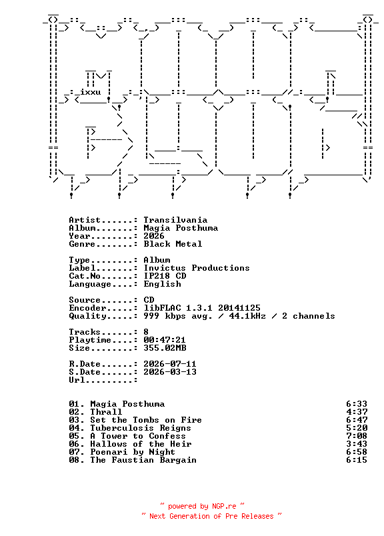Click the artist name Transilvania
175,220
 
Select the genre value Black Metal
173,244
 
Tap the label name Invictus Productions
196,267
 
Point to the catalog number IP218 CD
165,276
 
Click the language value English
162,284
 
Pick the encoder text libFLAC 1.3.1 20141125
202,307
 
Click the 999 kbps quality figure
164,316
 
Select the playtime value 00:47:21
165,340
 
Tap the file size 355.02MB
165,348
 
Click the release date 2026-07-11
170,364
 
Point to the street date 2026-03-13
170,372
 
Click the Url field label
77,380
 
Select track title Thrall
106,412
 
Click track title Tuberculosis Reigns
141,428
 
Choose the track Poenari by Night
133,452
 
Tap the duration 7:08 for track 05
357,436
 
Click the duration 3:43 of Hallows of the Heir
357,444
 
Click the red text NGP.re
224,506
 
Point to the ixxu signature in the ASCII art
90,92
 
